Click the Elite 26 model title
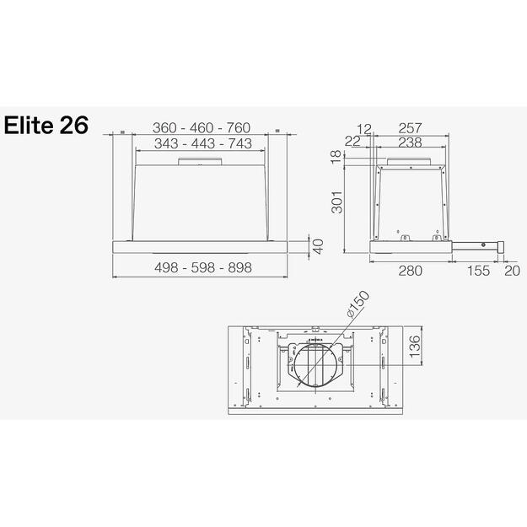[x=47, y=126]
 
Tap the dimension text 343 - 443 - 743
[x=202, y=144]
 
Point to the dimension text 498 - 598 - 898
[x=203, y=267]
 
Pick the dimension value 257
[x=410, y=128]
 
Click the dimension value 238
[x=410, y=143]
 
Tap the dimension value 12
[x=363, y=128]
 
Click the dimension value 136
[x=413, y=346]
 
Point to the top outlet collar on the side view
[x=411, y=159]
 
